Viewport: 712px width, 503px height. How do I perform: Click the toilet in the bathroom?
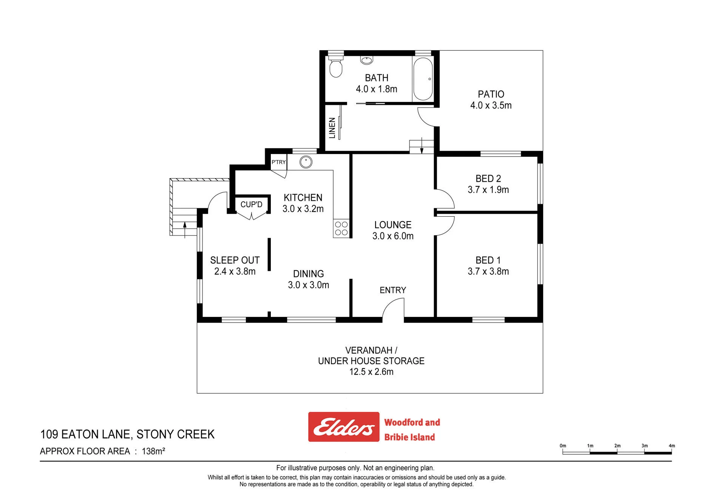336,66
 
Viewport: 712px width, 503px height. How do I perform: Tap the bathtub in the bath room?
423,78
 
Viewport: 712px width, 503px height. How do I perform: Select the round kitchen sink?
306,162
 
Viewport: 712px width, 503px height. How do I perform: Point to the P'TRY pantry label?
279,162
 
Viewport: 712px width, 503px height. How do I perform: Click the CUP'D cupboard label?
252,205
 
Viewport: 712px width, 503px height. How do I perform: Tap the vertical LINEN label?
332,128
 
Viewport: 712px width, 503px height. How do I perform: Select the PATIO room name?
491,94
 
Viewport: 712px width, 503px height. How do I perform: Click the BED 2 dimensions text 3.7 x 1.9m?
488,189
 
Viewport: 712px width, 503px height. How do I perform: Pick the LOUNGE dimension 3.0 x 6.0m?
393,236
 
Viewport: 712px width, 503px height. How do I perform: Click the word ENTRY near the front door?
393,290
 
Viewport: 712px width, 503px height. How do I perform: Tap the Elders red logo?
344,427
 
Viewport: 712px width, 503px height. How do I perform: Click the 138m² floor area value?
153,451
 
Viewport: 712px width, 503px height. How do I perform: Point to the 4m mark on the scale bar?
672,446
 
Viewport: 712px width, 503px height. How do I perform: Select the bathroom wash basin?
366,60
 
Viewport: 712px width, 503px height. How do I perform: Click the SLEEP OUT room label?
235,260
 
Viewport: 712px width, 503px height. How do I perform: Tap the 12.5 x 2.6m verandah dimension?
371,372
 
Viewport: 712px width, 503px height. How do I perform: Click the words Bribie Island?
409,437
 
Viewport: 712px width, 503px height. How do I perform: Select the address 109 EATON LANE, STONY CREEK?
127,434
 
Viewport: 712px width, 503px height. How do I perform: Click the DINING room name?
309,274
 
